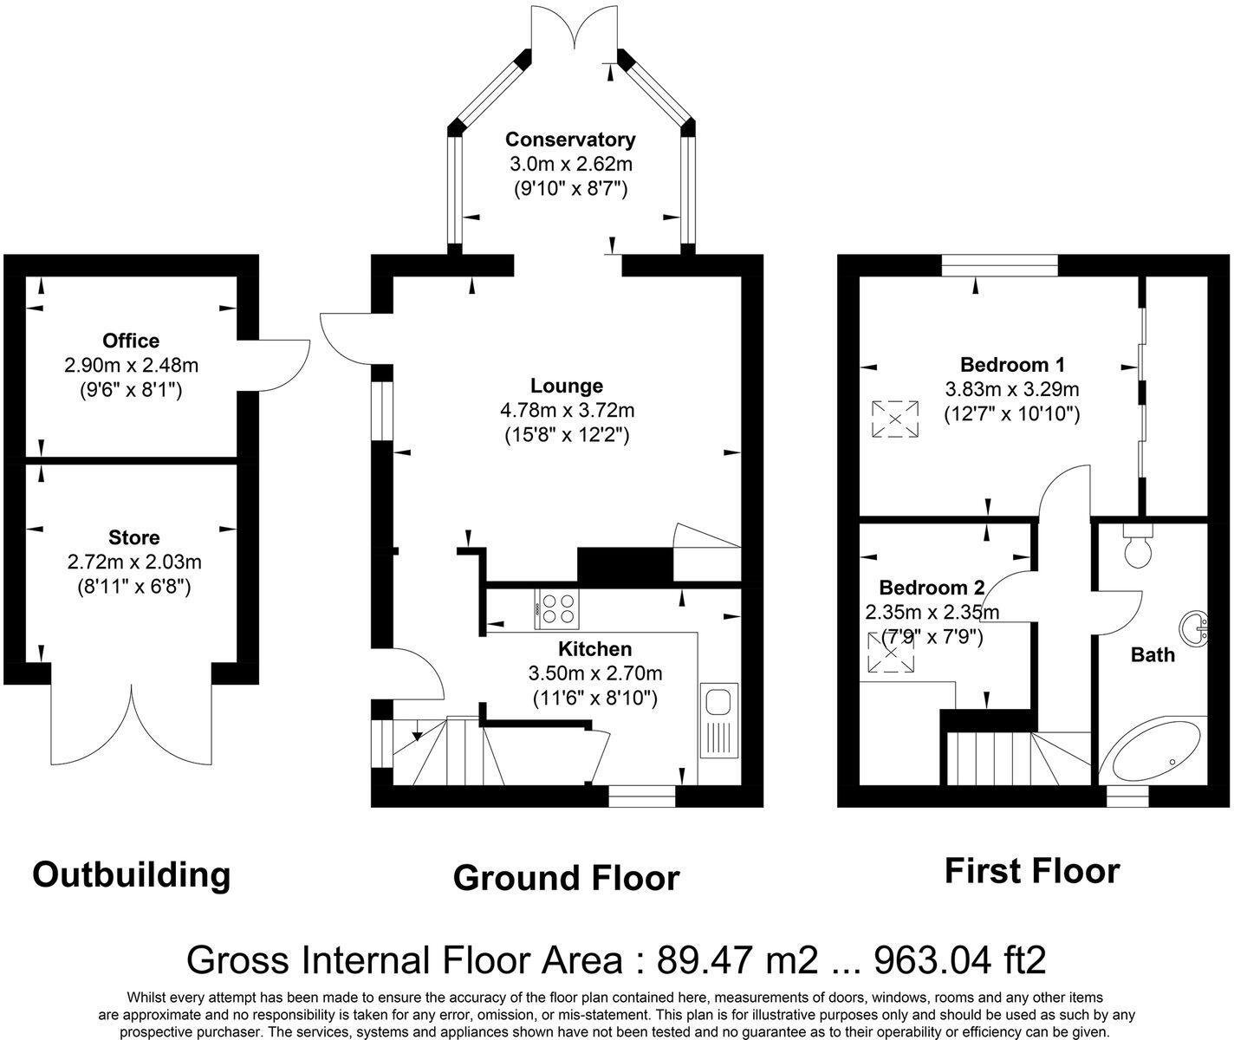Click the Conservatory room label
(x=570, y=140)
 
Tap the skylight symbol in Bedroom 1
(x=894, y=419)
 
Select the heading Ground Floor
(x=566, y=878)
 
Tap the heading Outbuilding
(x=132, y=874)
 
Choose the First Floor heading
(x=1031, y=870)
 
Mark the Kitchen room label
(x=594, y=649)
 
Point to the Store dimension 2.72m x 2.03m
(x=133, y=562)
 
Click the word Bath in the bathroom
(x=1153, y=654)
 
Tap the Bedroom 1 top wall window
(x=999, y=264)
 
